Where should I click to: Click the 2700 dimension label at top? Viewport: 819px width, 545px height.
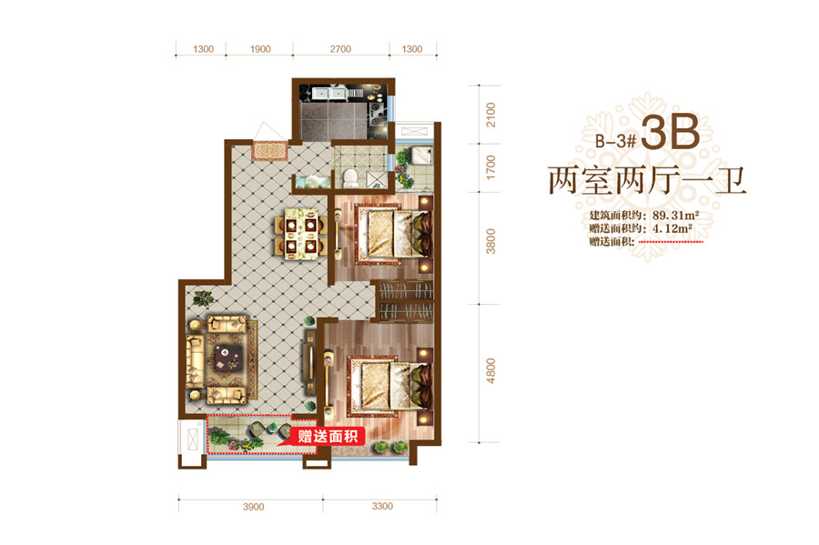[x=340, y=49]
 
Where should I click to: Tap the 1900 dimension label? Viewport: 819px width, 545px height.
[x=260, y=49]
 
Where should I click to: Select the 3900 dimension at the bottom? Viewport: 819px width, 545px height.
[x=253, y=507]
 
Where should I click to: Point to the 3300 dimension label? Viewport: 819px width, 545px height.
[x=382, y=507]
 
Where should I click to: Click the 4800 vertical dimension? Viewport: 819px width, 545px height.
[x=490, y=371]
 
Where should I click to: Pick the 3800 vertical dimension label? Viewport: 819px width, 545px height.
[x=490, y=241]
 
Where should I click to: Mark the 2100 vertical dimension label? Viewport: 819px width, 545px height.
[x=490, y=115]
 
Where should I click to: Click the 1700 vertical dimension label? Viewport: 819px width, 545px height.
[x=490, y=167]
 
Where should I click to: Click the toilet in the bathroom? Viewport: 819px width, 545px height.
[x=350, y=177]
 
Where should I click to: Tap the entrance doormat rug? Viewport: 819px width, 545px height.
[x=269, y=151]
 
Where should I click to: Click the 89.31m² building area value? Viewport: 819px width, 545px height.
[x=675, y=215]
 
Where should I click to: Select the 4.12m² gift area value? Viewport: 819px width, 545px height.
[x=672, y=228]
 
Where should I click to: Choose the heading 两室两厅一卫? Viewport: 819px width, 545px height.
[x=647, y=181]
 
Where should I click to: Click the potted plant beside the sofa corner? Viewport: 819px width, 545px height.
[x=202, y=298]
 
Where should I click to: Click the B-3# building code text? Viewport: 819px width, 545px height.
[x=616, y=140]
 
